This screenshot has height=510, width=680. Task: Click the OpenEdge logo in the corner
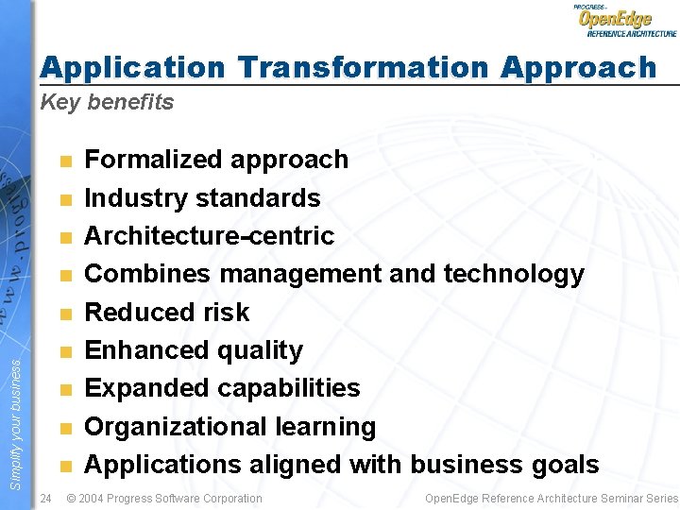624,20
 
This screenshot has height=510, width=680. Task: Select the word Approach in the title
578,68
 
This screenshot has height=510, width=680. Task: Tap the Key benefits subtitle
107,103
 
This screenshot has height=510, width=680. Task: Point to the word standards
258,198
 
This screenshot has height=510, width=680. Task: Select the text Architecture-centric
210,236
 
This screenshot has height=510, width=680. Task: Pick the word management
300,274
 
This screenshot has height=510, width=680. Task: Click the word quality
260,350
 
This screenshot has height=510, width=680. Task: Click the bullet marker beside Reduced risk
64,314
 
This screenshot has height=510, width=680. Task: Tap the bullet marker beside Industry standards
64,199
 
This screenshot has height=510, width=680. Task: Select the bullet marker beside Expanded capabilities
64,389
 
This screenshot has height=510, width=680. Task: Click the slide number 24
45,498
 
